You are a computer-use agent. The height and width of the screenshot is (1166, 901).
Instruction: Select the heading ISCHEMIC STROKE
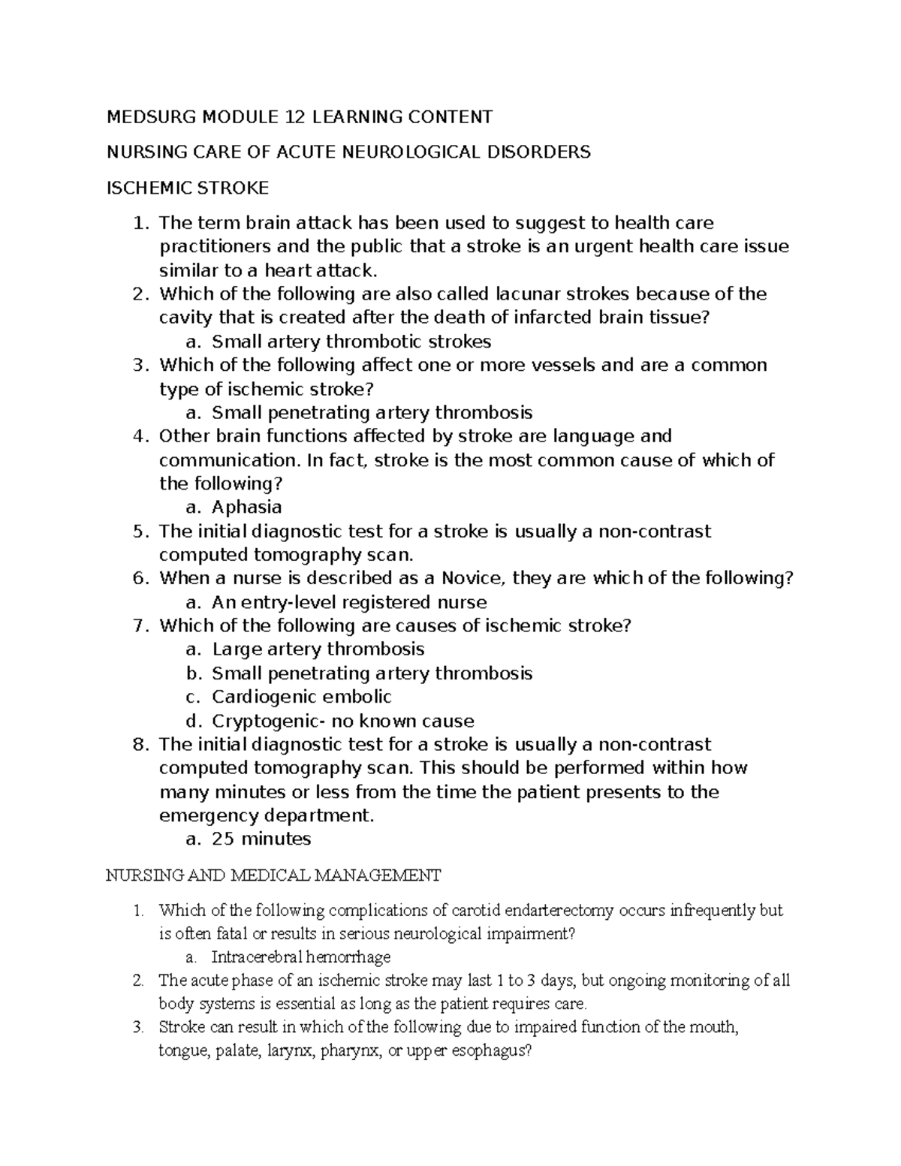point(187,188)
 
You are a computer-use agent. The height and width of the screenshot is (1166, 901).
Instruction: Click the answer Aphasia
point(247,507)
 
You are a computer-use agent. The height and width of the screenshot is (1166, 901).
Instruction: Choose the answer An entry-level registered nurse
point(349,602)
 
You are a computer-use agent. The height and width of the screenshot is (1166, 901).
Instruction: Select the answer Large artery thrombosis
point(318,649)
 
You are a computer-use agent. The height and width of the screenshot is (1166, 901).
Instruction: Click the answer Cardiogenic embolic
point(302,697)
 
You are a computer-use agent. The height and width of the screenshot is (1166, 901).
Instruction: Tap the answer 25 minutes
point(261,839)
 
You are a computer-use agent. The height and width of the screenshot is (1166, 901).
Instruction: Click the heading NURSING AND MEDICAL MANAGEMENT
point(273,875)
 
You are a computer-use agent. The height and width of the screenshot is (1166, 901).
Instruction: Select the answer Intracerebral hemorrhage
point(301,957)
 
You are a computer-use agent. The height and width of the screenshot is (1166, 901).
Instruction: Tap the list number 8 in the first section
point(137,745)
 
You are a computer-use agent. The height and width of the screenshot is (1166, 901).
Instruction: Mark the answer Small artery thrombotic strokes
point(351,342)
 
